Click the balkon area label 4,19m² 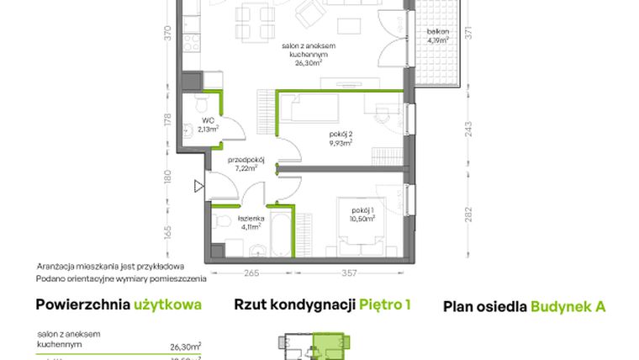(437, 40)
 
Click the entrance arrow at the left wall (198, 186)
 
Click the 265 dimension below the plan (250, 272)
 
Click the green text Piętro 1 (384, 305)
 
